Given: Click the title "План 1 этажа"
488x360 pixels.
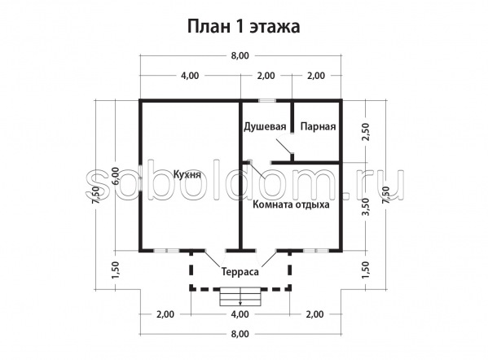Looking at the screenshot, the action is [x=244, y=27].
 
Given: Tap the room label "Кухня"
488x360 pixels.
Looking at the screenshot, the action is [x=187, y=174].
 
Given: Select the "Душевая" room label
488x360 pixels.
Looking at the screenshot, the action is [x=265, y=126].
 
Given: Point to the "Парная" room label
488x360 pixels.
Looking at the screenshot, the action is [x=318, y=126].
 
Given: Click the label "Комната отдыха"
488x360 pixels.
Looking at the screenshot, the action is [x=291, y=204].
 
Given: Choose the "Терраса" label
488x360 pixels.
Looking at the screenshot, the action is [x=240, y=272].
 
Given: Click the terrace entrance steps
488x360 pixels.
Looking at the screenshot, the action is [x=240, y=296].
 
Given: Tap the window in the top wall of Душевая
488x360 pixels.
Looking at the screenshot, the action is [x=267, y=100].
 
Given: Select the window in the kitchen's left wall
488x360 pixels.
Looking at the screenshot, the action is [x=141, y=178].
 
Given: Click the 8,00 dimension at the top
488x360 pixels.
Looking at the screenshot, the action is [x=240, y=55].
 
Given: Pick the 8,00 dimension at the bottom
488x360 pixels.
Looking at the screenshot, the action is [x=240, y=334].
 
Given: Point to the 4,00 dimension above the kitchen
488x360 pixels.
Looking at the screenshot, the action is [x=190, y=76].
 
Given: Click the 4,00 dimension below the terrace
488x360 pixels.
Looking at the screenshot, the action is [x=240, y=314].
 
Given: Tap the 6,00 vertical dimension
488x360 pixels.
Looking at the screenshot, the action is [x=115, y=177].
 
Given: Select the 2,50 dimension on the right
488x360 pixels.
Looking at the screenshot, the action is [x=366, y=132].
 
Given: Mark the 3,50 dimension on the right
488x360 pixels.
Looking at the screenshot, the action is [x=366, y=207].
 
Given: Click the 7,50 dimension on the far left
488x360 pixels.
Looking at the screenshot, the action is [x=95, y=195].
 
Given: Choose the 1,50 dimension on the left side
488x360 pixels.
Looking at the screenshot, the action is [x=115, y=270].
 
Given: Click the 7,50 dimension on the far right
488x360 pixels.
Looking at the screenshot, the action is [x=386, y=195].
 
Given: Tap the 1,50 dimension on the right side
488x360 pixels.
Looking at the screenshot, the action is [x=366, y=270].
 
